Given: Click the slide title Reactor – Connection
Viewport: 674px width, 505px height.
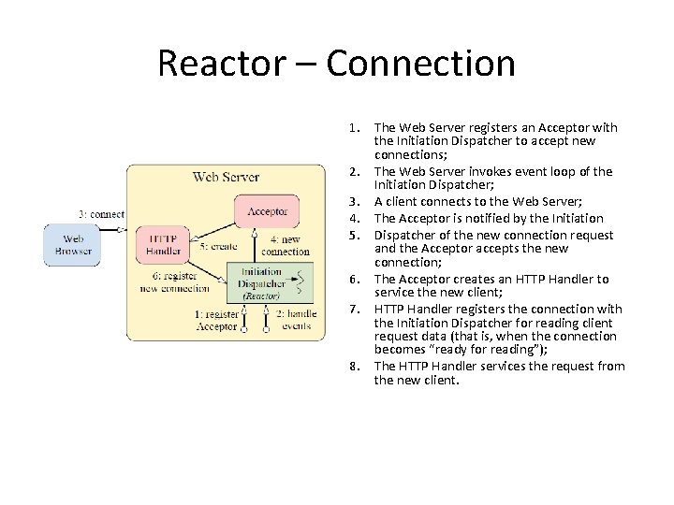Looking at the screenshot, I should click(336, 64).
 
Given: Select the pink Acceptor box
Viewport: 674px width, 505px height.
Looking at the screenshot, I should click(267, 212).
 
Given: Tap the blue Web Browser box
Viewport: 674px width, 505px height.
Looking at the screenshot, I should click(72, 245).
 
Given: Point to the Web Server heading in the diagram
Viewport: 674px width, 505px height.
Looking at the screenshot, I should click(226, 176).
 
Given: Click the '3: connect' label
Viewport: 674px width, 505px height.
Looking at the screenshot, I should click(102, 214).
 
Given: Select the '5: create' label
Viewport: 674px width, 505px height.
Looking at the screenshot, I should click(219, 246).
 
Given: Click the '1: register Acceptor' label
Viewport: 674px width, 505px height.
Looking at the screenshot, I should click(217, 320).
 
